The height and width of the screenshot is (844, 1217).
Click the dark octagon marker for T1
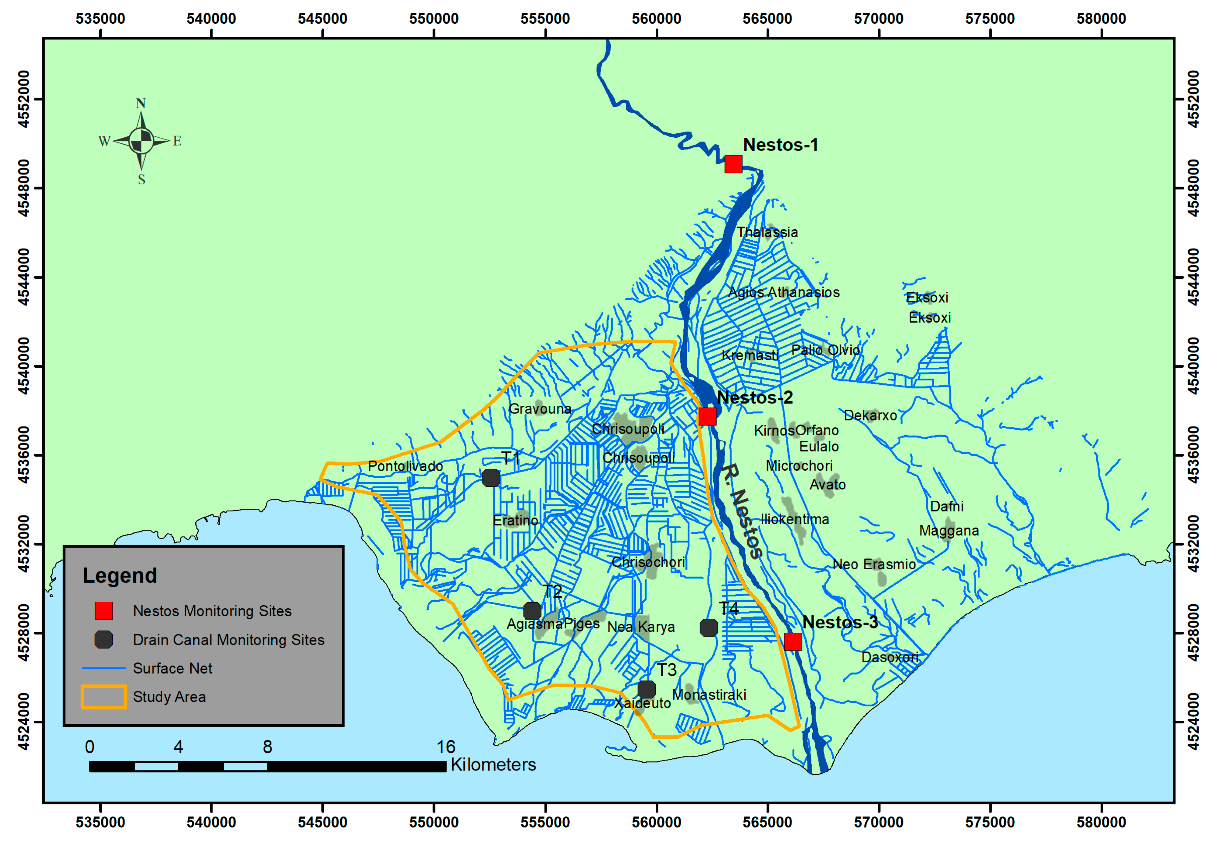pyautogui.click(x=491, y=478)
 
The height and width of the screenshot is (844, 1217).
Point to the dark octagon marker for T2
pyautogui.click(x=532, y=611)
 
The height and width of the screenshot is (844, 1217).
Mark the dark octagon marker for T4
pyautogui.click(x=709, y=628)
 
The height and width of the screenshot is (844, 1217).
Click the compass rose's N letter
pyautogui.click(x=141, y=103)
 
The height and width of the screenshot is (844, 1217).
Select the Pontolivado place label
pyautogui.click(x=405, y=466)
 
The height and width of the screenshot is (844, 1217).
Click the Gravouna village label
pyautogui.click(x=540, y=409)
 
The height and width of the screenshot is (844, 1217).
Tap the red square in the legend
pyautogui.click(x=104, y=610)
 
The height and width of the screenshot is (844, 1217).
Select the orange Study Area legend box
pyautogui.click(x=104, y=697)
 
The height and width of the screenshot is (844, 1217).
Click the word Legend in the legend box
pyautogui.click(x=120, y=575)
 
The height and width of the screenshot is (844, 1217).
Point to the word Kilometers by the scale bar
pyautogui.click(x=493, y=765)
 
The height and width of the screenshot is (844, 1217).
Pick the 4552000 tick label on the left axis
pyautogui.click(x=24, y=99)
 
